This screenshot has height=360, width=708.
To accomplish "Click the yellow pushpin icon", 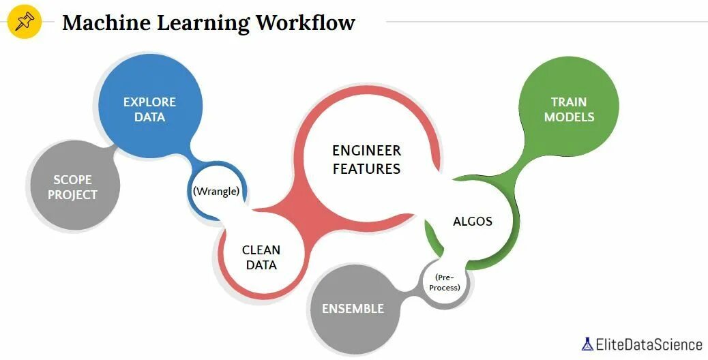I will pos(25,22).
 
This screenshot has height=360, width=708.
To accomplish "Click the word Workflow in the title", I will pos(306,22).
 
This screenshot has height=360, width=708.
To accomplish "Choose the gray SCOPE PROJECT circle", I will pos(74,187).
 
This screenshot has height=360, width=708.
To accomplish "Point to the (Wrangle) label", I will pos(216,191).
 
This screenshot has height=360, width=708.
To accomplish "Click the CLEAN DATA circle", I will pos(261,258).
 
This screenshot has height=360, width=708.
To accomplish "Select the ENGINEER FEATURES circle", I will pos(366,159).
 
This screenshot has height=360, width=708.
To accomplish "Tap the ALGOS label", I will pos(473,221).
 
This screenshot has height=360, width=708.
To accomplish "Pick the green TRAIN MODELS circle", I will pos(568,109).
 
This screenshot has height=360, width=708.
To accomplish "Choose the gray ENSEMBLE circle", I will pos(353,309).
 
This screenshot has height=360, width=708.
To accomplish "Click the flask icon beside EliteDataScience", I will pos(587,344).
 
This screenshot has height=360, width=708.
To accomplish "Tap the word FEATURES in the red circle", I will pos(366,168).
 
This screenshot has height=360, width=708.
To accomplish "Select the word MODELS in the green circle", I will pos(569,117).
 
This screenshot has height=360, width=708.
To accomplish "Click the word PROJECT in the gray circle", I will pos(72,195).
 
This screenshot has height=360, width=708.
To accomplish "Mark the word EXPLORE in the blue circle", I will pos(149,102).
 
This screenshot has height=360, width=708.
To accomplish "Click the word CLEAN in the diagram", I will pos(261,250).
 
